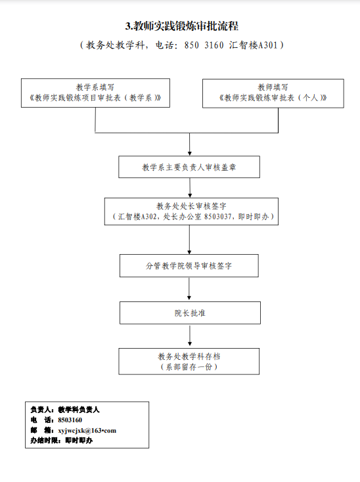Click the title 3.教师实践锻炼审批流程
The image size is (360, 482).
[182, 26]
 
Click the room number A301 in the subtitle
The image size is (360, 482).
[268, 45]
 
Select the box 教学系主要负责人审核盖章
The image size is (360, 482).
[189, 167]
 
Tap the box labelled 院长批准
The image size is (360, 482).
[190, 313]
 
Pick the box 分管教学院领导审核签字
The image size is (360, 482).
[189, 265]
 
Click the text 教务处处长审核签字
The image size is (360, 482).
[191, 206]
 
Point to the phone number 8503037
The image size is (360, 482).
[217, 217]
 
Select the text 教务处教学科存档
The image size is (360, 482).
[189, 357]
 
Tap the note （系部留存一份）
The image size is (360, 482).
[189, 366]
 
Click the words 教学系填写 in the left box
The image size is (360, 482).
[95, 87]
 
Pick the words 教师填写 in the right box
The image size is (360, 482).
[273, 87]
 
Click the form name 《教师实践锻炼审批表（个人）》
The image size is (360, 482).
[273, 98]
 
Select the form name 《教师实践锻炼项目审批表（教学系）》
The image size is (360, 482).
[95, 98]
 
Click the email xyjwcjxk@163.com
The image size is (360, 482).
[87, 430]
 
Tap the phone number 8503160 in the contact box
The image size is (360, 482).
[70, 420]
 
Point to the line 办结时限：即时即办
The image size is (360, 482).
[62, 441]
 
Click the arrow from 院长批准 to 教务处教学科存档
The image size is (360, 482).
[190, 336]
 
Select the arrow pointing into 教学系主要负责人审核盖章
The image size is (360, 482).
[190, 144]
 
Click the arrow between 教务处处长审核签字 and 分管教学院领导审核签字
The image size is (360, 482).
[189, 240]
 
